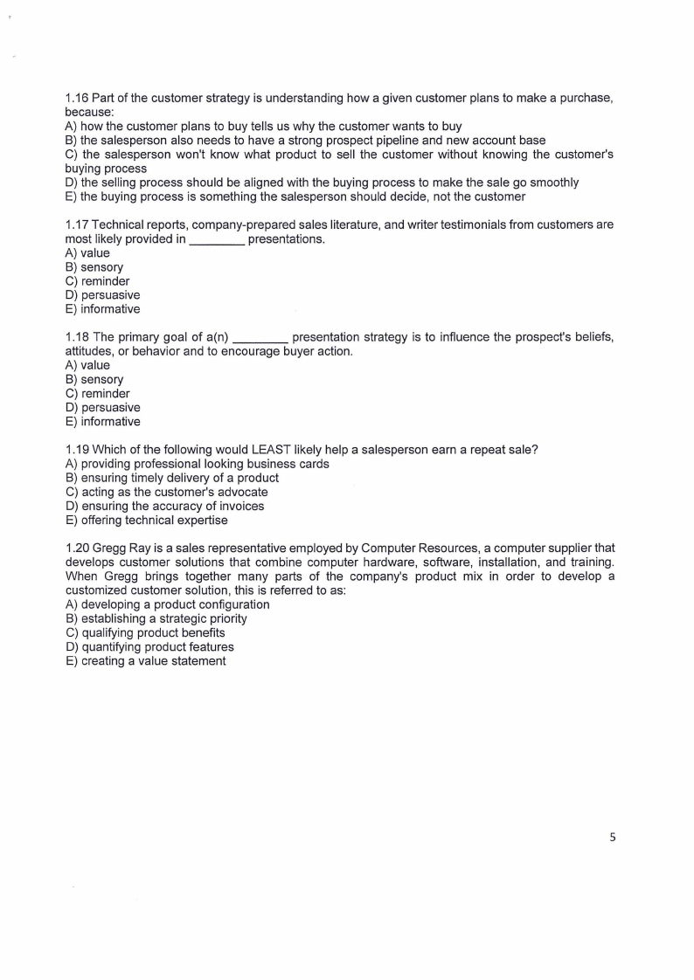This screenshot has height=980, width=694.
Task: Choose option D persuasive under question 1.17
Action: [102, 295]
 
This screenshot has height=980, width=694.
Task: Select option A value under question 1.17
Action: [87, 253]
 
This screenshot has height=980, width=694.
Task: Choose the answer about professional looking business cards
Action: [197, 464]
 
